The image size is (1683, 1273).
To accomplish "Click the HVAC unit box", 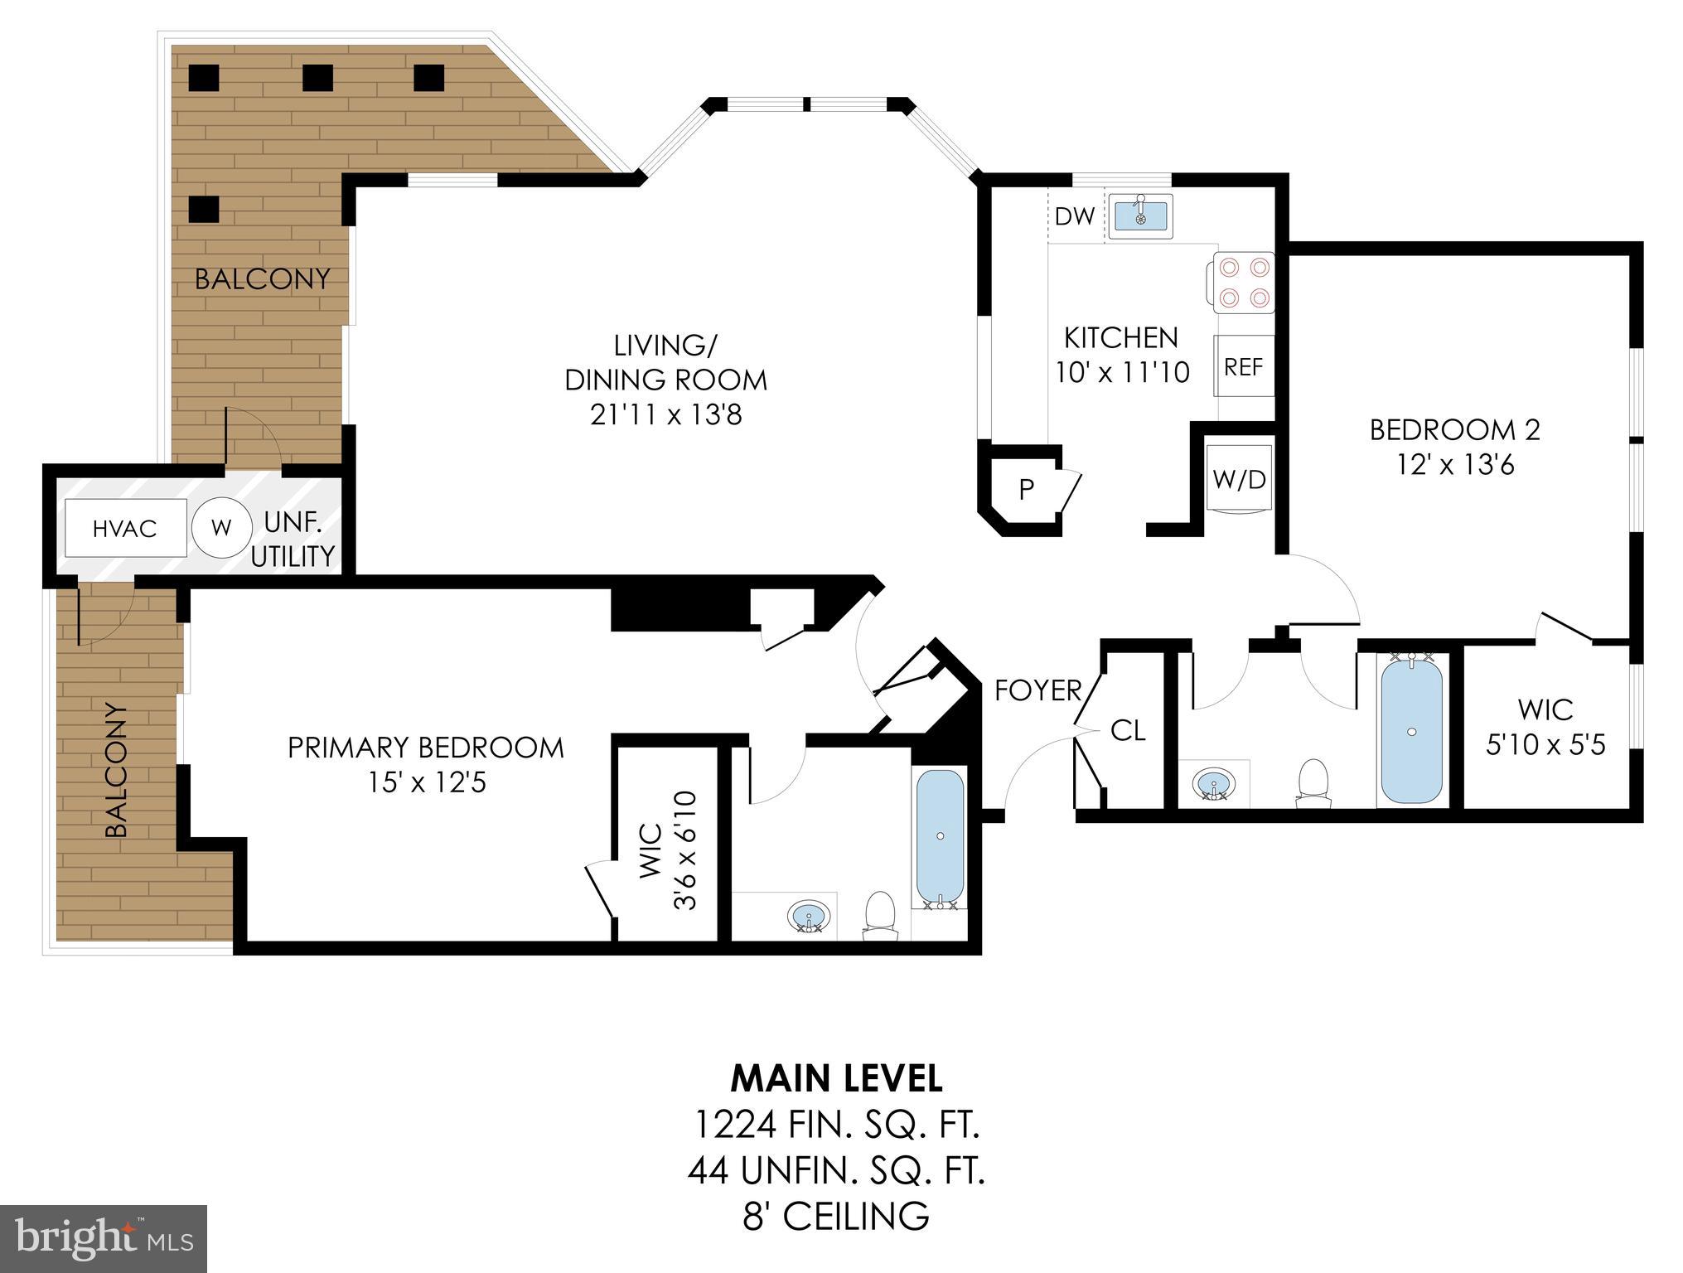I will (125, 529).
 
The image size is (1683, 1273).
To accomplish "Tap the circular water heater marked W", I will (221, 528).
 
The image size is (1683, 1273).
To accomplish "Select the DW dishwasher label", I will (1075, 217).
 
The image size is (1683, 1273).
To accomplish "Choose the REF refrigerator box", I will (1244, 366).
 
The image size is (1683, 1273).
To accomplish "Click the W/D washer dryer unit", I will (1239, 479).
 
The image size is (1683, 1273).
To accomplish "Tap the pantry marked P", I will (1026, 490).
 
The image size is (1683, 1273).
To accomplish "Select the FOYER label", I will (1037, 690).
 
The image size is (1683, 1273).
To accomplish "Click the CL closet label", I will (1127, 730).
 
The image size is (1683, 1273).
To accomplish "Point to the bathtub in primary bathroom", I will (941, 837).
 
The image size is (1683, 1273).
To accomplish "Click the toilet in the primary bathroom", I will (880, 916).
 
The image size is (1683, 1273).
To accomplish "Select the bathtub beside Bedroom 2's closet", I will (1412, 729).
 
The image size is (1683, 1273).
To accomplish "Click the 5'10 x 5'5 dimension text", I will (1545, 744).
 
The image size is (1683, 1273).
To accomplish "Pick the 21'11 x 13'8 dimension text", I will (665, 414).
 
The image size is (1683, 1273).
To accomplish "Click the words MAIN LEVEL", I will (836, 1078).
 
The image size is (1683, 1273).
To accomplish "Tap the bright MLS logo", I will (104, 1239).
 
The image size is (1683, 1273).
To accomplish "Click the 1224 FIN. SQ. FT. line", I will (836, 1125).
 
